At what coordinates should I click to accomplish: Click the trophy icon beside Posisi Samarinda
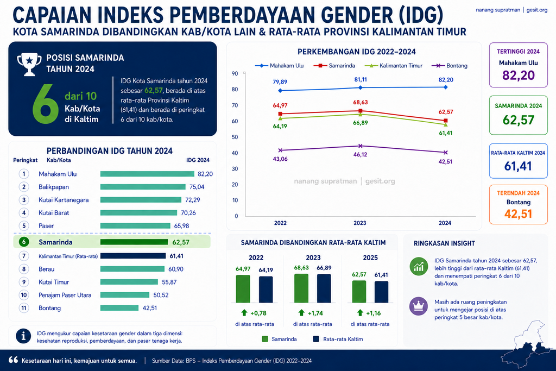pos(29,64)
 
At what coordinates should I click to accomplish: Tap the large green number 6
pos(46,104)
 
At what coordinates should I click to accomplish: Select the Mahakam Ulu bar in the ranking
pos(147,174)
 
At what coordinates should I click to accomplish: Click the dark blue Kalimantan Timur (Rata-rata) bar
pos(133,256)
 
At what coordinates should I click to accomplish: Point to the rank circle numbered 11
pos(24,308)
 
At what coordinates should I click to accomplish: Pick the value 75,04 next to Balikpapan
pos(197,187)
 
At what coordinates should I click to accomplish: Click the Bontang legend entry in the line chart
pos(449,66)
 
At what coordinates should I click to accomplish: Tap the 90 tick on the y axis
pos(235,73)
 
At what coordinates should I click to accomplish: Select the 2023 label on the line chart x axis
pos(360,223)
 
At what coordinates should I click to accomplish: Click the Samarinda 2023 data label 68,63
pos(361,103)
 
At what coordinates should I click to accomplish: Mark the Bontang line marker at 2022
pos(281,150)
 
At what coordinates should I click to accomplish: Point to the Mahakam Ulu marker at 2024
pos(446,87)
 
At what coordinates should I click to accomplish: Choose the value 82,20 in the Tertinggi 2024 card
pos(519,75)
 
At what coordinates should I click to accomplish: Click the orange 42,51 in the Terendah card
pos(518,214)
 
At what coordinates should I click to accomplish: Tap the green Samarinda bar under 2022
pos(243,289)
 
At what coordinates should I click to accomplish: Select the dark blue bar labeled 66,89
pos(324,288)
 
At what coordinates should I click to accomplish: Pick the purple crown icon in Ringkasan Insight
pos(419,306)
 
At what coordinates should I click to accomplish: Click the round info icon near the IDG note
pos(23,336)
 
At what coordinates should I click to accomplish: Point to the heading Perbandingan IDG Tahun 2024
pos(110,151)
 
